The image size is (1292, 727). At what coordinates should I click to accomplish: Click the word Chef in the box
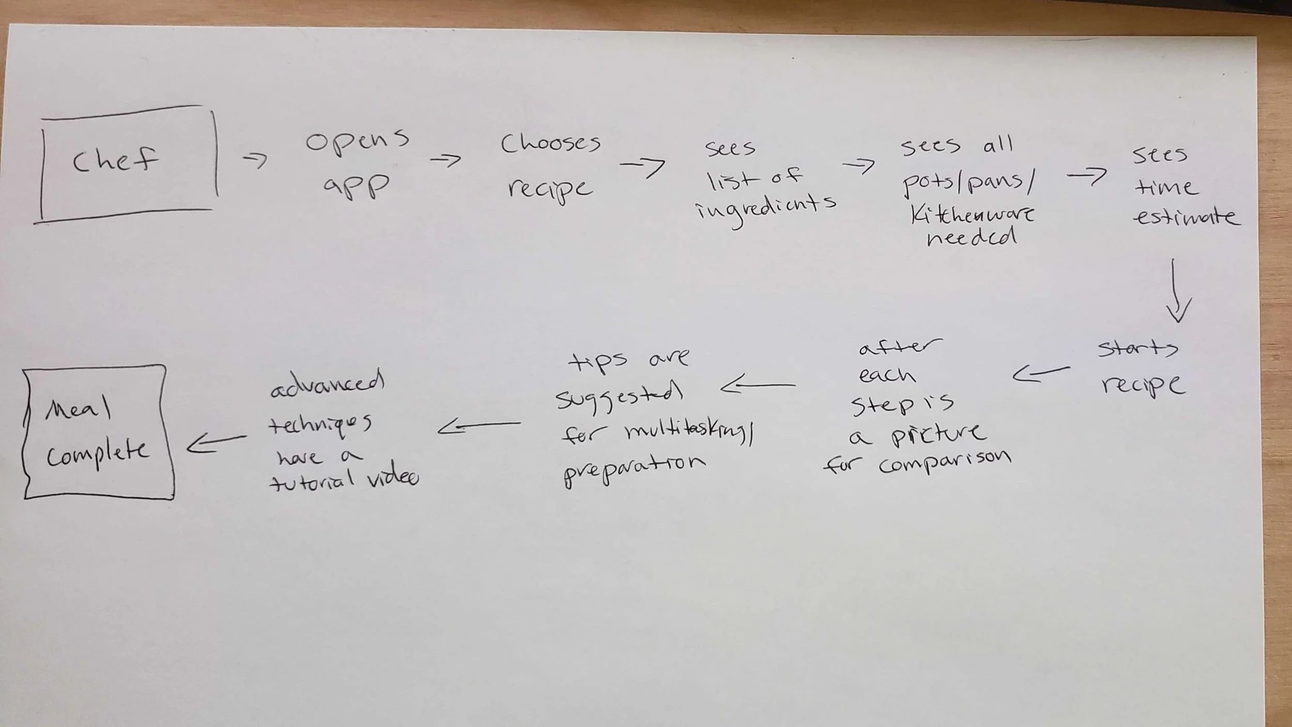tap(115, 160)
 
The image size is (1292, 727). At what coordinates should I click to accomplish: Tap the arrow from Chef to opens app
tap(255, 161)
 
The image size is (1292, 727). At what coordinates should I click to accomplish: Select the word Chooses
tap(550, 143)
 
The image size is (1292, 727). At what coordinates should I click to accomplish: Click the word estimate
tap(1186, 216)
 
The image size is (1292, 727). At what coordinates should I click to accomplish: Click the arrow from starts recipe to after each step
tap(1040, 373)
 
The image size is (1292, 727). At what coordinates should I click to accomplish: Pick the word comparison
tap(945, 463)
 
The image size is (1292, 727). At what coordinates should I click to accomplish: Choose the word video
tap(393, 478)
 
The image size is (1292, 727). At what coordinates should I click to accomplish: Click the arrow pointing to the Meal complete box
tap(216, 442)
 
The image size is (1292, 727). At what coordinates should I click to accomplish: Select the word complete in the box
tap(97, 453)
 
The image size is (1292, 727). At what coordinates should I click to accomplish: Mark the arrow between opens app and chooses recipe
tap(445, 160)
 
